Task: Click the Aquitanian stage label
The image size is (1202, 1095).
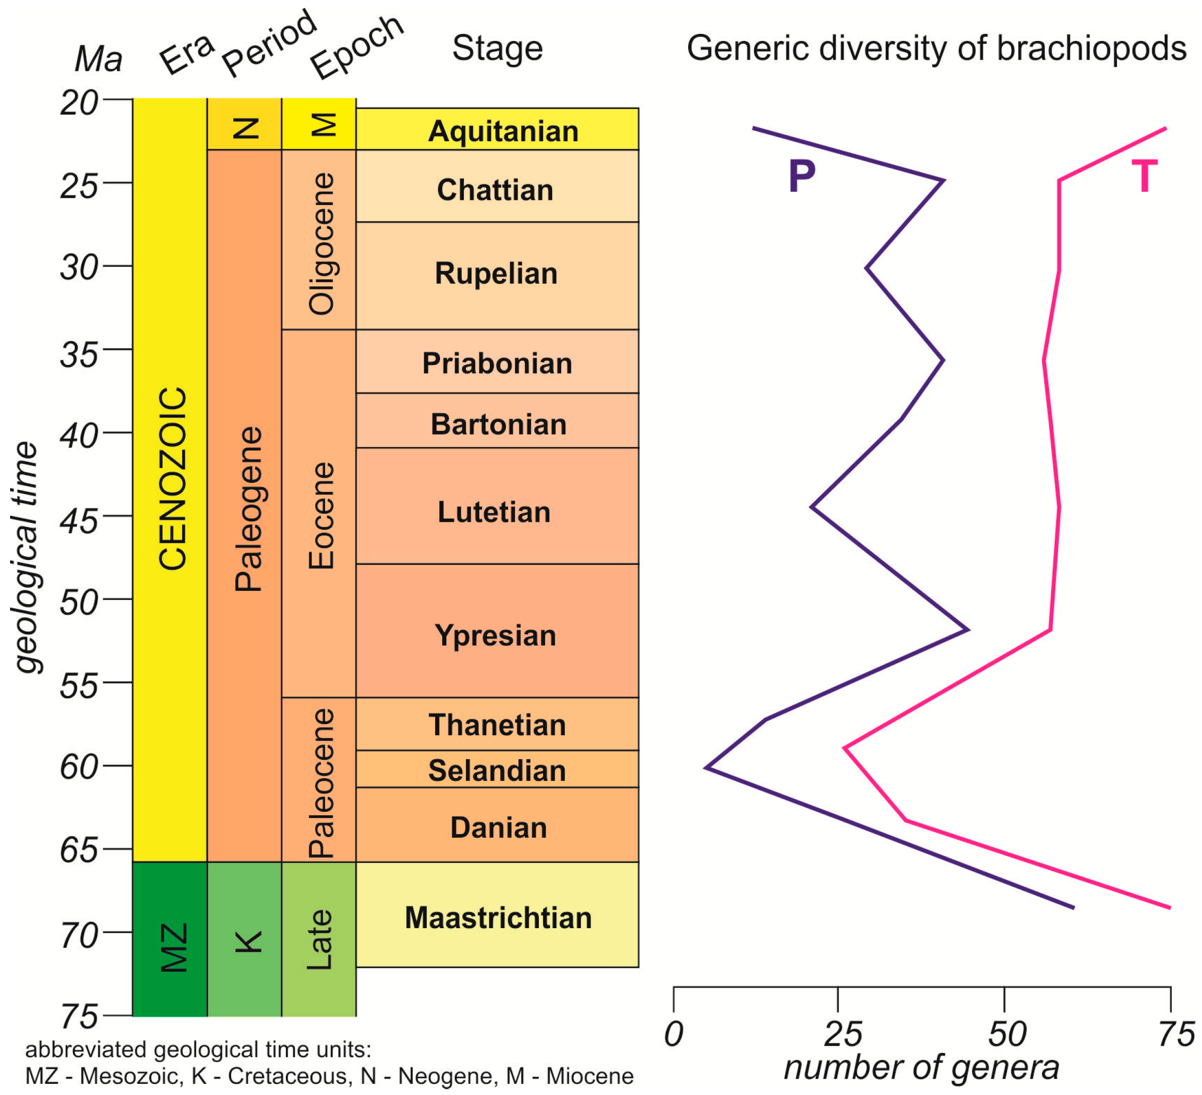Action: pos(503,131)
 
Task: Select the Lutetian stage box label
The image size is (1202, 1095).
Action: pos(494,512)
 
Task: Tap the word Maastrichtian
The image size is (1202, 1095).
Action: pos(498,918)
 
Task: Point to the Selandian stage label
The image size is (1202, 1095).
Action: pos(497,770)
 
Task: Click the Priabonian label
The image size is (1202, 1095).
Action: pos(497,363)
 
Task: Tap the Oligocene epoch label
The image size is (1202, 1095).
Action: pos(321,243)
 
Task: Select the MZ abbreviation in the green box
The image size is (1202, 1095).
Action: pos(174,947)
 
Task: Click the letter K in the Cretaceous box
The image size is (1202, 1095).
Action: pos(248,941)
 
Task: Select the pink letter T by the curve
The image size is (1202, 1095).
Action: pos(1144,176)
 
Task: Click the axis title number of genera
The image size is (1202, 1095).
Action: pos(922,1067)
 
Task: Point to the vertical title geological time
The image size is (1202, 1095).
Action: pos(26,557)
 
